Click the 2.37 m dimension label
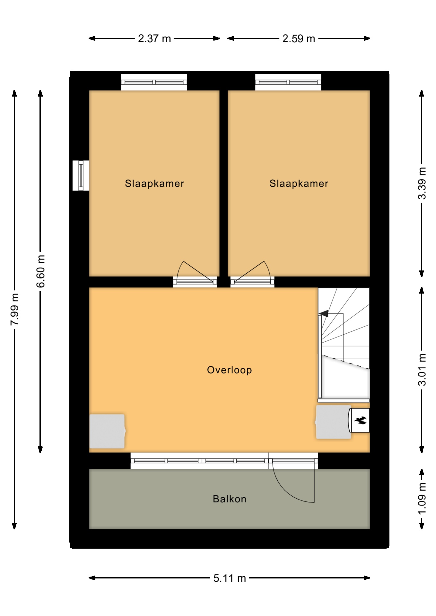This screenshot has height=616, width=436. click(154, 38)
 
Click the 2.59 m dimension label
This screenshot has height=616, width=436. click(299, 38)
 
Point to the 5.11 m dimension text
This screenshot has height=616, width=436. click(230, 578)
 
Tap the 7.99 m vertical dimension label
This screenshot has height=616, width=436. click(15, 309)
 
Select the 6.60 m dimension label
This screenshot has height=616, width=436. click(41, 271)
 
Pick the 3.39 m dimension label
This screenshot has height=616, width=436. click(422, 183)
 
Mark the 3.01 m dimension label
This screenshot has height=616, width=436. click(422, 370)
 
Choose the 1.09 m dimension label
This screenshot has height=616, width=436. click(422, 499)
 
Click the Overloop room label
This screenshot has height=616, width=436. click(229, 370)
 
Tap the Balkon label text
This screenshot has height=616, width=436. click(230, 499)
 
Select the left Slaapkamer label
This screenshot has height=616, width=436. click(154, 184)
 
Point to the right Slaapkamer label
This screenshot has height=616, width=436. click(299, 184)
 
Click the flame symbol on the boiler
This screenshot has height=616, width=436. click(360, 420)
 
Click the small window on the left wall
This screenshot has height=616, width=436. click(81, 175)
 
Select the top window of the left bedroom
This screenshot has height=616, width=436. click(154, 82)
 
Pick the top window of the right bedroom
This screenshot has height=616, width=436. click(288, 82)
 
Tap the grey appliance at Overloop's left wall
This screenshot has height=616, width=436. click(107, 431)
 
